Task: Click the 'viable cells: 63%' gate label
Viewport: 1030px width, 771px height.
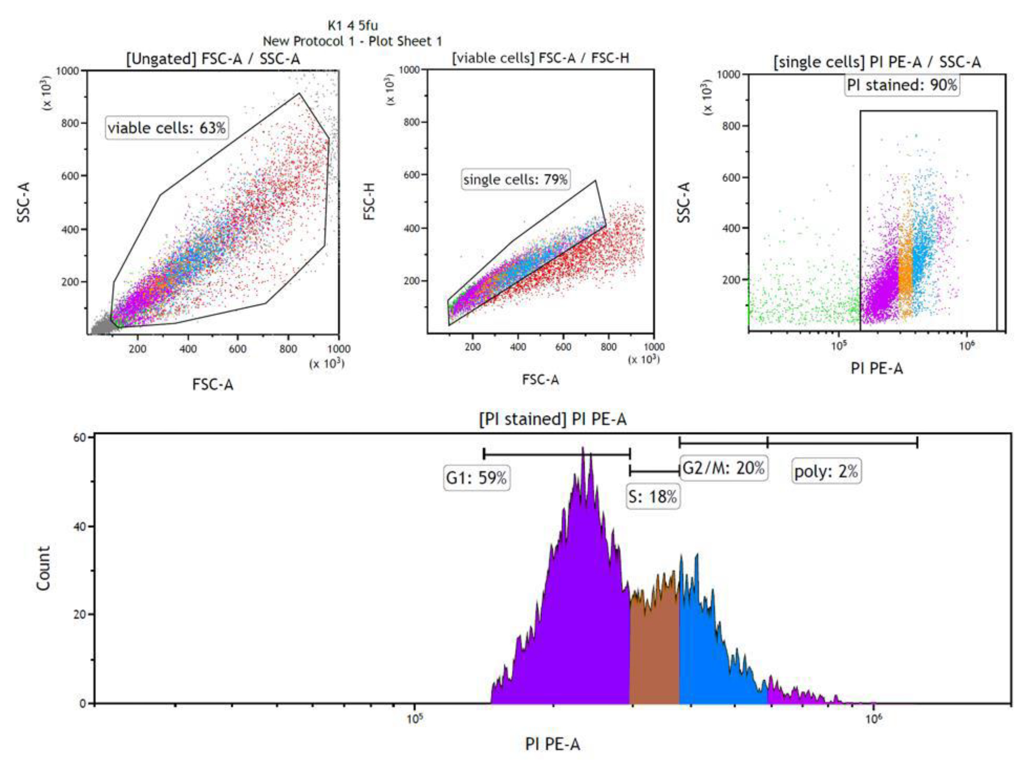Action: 167,128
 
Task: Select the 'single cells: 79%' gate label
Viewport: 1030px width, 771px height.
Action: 515,179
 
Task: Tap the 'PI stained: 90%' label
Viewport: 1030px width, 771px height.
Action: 902,85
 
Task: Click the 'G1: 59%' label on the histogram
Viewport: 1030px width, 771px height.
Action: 477,478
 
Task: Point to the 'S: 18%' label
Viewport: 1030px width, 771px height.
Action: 652,497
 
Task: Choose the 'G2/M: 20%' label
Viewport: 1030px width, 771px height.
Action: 723,468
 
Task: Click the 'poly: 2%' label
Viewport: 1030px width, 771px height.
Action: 826,471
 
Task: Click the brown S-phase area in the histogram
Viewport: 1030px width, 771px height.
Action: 654,651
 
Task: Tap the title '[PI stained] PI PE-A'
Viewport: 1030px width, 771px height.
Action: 553,419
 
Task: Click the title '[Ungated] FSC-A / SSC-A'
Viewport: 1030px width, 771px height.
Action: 213,59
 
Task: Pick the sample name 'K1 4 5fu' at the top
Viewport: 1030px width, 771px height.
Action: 352,25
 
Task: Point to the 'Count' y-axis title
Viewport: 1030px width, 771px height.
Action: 43,569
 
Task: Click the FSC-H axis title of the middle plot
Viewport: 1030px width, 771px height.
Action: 369,201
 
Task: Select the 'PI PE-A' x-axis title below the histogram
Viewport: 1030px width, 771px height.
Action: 553,744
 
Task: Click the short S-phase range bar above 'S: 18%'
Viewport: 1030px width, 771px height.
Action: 654,471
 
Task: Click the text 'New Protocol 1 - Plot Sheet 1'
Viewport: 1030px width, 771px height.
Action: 352,42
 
